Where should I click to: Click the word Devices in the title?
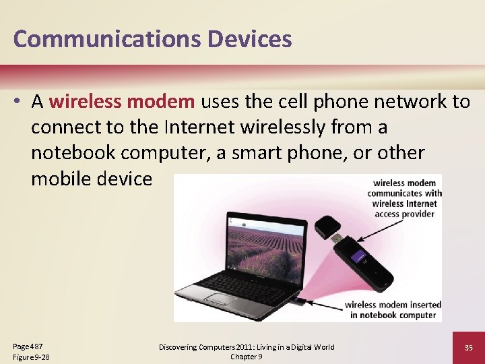click(249, 39)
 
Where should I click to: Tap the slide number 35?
click(469, 348)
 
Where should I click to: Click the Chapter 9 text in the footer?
click(247, 357)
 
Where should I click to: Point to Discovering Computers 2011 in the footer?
click(216, 347)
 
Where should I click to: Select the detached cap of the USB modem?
click(329, 225)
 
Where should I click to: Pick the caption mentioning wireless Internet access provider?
click(404, 198)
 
